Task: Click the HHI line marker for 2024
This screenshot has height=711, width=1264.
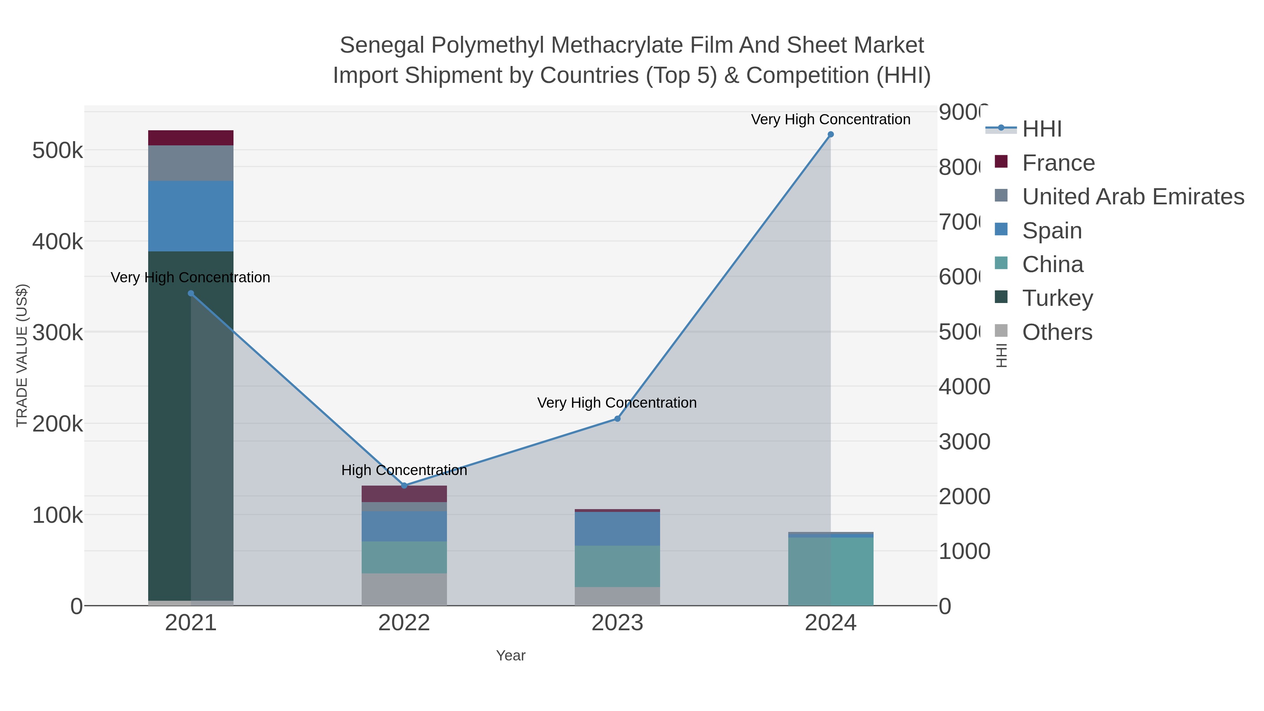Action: point(831,134)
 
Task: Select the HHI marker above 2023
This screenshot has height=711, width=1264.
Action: point(617,419)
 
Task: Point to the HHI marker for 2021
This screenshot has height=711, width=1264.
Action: point(191,294)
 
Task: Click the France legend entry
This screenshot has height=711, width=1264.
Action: point(1058,163)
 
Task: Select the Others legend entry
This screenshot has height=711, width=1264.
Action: point(1057,332)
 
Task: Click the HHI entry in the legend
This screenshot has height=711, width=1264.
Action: point(1041,129)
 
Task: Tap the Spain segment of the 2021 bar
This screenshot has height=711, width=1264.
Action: point(191,216)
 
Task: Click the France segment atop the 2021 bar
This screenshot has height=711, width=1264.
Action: point(191,138)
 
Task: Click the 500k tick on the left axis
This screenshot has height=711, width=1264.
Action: point(58,151)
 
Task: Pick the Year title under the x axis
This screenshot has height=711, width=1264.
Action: point(510,656)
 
